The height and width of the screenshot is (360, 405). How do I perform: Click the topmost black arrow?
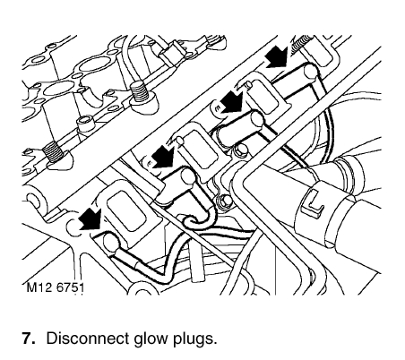click(x=277, y=57)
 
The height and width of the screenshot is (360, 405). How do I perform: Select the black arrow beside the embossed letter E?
click(x=233, y=102)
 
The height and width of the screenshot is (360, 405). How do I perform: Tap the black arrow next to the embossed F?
click(x=163, y=157)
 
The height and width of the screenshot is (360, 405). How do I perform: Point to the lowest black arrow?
click(x=91, y=219)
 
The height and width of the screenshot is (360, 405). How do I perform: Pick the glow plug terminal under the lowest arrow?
click(x=109, y=241)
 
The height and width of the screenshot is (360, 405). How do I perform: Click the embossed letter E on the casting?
click(x=217, y=108)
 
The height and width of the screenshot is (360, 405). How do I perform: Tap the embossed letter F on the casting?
click(x=151, y=163)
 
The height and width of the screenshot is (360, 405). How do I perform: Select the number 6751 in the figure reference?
click(x=70, y=287)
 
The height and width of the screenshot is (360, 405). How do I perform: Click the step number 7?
click(x=29, y=338)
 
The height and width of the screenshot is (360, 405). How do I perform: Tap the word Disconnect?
click(x=88, y=338)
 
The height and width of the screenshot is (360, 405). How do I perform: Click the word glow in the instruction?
click(x=151, y=339)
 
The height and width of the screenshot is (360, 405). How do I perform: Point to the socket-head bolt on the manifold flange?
click(x=85, y=124)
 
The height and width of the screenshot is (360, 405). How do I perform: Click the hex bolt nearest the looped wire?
click(x=224, y=201)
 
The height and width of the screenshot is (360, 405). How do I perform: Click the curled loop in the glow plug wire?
click(x=198, y=219)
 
